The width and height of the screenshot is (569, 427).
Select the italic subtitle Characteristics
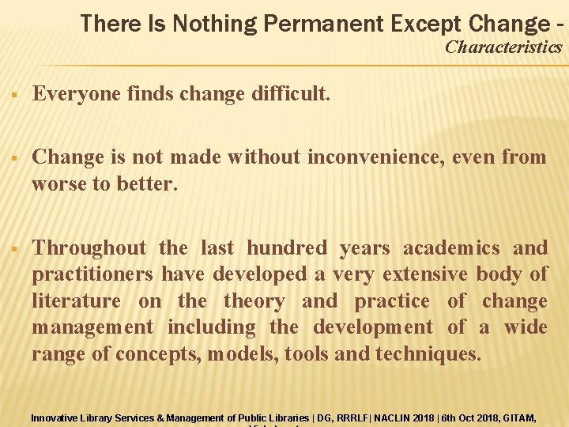tap(503, 47)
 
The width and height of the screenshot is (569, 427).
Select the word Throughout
tap(89, 248)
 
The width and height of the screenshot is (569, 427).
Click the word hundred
tap(286, 248)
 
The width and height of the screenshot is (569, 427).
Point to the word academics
tap(451, 248)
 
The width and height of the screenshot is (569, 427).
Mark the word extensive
tap(426, 274)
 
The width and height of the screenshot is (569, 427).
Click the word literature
tap(76, 301)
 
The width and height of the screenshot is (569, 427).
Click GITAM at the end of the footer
tap(518, 417)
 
